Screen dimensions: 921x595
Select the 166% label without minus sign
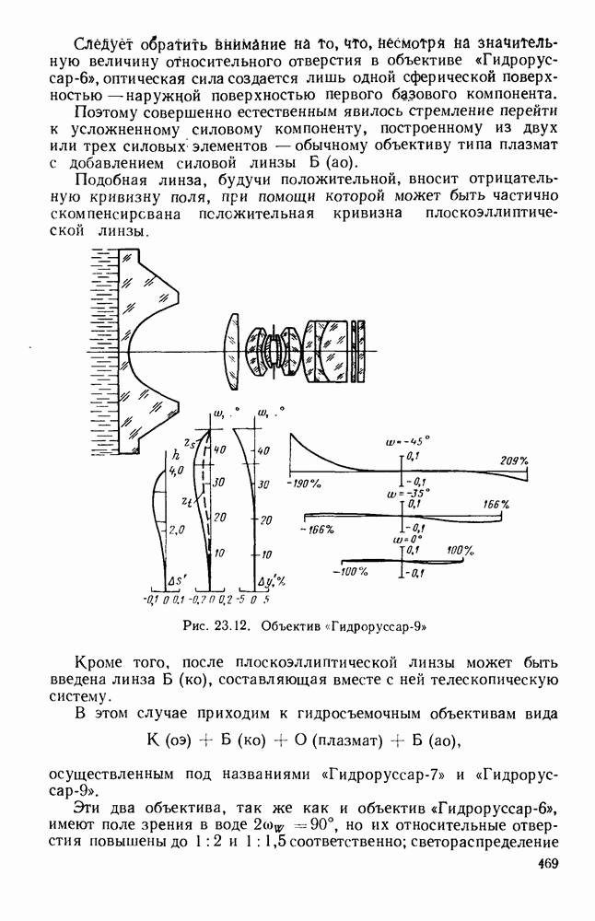click(x=496, y=505)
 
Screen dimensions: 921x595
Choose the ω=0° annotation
click(x=402, y=539)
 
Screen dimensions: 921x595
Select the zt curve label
click(x=187, y=502)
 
